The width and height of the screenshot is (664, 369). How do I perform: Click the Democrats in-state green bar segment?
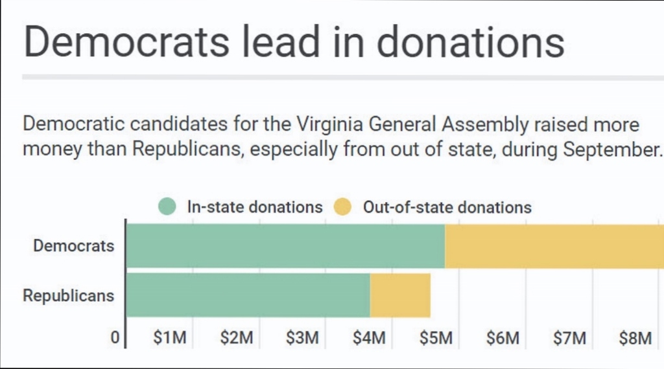click(x=286, y=245)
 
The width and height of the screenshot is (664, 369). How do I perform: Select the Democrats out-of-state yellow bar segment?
click(x=554, y=245)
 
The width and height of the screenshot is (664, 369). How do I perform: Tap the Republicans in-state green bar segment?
click(x=248, y=295)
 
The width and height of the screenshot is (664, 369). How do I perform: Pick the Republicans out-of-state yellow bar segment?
click(x=400, y=295)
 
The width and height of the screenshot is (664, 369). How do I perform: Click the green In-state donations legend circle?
click(x=167, y=207)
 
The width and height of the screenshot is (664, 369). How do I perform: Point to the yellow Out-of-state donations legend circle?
click(x=342, y=207)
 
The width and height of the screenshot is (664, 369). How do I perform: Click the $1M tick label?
click(x=170, y=338)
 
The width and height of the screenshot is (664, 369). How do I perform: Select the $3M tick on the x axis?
click(x=302, y=338)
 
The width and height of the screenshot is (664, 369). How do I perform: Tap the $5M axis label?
click(x=436, y=338)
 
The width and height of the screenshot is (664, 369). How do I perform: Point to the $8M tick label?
click(x=635, y=338)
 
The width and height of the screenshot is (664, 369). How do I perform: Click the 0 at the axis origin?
click(x=115, y=338)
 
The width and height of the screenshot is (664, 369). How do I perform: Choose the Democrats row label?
click(x=74, y=245)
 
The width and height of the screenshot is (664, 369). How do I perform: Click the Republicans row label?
click(x=68, y=295)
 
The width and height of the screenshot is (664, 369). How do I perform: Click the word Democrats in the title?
click(x=126, y=41)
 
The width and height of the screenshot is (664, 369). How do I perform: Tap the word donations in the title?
click(x=471, y=41)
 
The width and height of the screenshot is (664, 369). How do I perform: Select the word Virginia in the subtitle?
click(x=329, y=124)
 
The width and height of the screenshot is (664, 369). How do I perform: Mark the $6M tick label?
click(x=503, y=338)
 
